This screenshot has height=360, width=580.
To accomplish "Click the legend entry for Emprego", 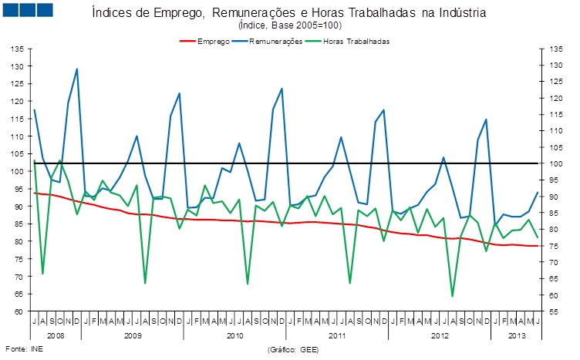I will [213, 40].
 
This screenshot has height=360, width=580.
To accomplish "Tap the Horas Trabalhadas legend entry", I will [357, 40].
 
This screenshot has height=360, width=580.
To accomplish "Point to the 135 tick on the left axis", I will [16, 49].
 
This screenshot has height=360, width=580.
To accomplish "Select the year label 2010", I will [235, 336].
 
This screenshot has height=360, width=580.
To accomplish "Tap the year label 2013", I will [516, 336].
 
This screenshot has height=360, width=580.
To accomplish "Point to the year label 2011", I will [338, 336].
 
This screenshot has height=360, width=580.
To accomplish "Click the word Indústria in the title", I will [462, 13].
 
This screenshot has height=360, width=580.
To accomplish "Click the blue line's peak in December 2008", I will [77, 69].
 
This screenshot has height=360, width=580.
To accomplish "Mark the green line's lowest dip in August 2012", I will [453, 296].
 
